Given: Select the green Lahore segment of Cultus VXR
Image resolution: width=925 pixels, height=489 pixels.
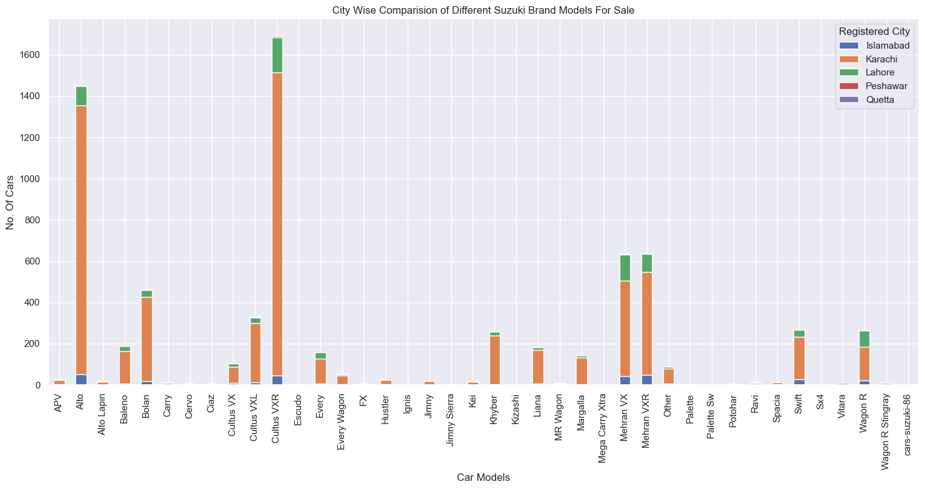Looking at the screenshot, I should pos(277,56).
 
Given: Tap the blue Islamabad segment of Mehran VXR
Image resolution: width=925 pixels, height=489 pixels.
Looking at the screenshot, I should pos(646,380).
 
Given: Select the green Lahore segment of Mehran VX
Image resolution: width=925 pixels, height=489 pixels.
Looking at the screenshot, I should pos(625,268).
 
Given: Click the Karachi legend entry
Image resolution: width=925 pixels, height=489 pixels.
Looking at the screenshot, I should pos(881,59).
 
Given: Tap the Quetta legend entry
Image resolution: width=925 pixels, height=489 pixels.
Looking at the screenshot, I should pos(880,99).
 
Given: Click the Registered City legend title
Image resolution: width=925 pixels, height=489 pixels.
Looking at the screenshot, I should pos(875,31).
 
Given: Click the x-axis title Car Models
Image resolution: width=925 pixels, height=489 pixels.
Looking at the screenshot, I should pos(483,478).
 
